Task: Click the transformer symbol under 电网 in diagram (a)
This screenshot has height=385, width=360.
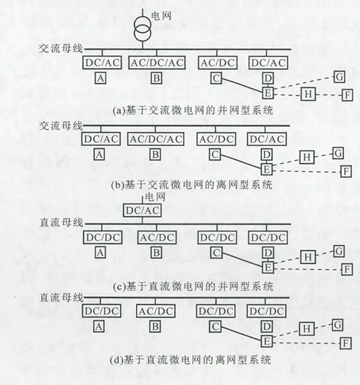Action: [142, 29]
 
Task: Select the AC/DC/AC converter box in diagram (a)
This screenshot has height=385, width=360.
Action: [157, 62]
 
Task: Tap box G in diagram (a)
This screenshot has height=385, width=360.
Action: [340, 77]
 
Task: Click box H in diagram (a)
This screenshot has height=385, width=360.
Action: [308, 94]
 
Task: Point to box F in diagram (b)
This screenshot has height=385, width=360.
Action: [346, 171]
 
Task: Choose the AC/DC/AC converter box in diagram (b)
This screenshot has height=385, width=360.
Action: [156, 139]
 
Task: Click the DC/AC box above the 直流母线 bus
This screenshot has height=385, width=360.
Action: [142, 210]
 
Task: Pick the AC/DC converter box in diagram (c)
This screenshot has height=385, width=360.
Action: [157, 237]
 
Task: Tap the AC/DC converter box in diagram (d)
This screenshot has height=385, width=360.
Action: [156, 311]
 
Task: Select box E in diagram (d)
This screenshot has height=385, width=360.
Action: [267, 342]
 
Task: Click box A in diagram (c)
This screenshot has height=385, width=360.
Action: [100, 253]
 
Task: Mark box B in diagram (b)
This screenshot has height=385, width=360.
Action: [155, 155]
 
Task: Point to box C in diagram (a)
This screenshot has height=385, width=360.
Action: [216, 78]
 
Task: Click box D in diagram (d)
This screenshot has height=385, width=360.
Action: [267, 327]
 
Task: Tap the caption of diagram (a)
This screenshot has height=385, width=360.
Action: [193, 111]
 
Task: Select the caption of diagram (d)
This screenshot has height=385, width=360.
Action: [191, 360]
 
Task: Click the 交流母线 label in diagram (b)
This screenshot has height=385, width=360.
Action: [61, 126]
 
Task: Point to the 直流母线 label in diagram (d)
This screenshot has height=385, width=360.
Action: [61, 298]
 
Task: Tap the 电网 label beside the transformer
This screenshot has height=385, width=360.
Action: [161, 16]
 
